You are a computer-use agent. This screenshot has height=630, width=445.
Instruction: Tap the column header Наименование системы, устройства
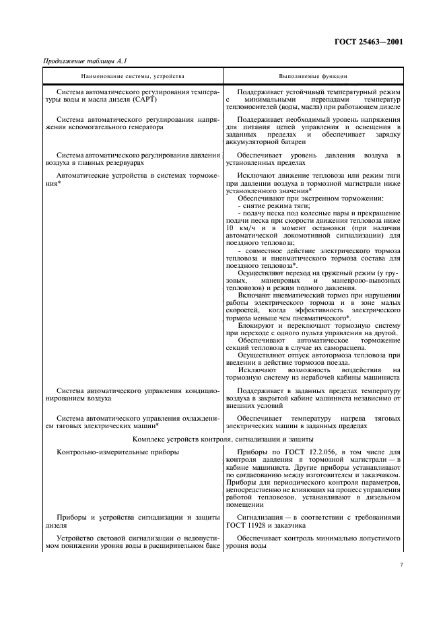132,77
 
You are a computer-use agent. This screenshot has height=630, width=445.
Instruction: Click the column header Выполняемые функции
314,77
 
